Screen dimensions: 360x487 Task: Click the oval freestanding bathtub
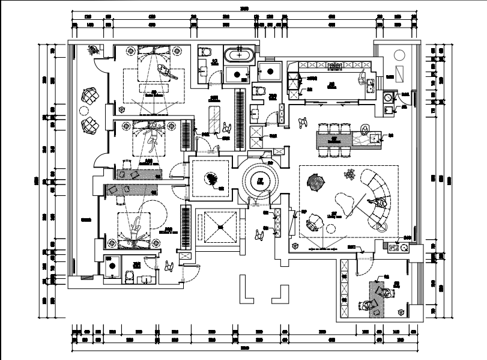[x=238, y=54]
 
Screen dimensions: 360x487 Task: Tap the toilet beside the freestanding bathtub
[x=204, y=50]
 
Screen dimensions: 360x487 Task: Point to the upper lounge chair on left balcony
[x=90, y=96]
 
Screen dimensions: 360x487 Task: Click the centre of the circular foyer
[x=260, y=180]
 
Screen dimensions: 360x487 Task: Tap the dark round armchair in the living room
[x=315, y=181]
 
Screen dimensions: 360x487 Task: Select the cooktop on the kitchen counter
[x=334, y=64]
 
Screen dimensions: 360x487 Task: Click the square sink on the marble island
[x=375, y=138]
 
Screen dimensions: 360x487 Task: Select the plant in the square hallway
[x=211, y=178]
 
